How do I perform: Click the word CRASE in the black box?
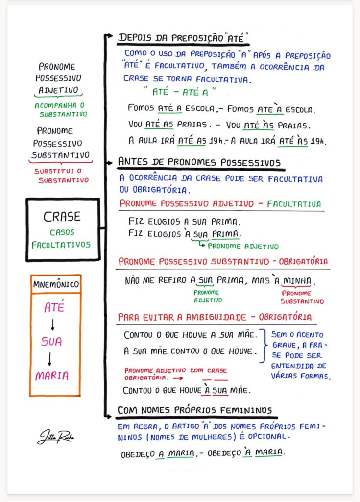click(62, 217)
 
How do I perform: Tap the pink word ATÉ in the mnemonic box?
click(54, 308)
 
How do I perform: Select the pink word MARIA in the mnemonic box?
click(52, 376)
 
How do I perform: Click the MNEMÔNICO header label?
click(55, 284)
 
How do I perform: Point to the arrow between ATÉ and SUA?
click(53, 325)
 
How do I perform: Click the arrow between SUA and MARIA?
click(52, 359)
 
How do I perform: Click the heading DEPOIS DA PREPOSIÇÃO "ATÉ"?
click(184, 37)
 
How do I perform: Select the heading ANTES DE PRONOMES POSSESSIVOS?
click(199, 162)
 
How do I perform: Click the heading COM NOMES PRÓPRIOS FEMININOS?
click(195, 410)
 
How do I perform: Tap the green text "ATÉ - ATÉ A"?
click(180, 92)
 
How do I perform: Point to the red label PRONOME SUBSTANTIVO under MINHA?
click(302, 297)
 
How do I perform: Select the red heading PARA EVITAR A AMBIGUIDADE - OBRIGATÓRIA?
click(215, 317)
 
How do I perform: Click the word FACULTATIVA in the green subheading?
click(294, 204)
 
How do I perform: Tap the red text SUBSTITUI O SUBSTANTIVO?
click(62, 176)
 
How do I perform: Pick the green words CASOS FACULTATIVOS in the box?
click(61, 239)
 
